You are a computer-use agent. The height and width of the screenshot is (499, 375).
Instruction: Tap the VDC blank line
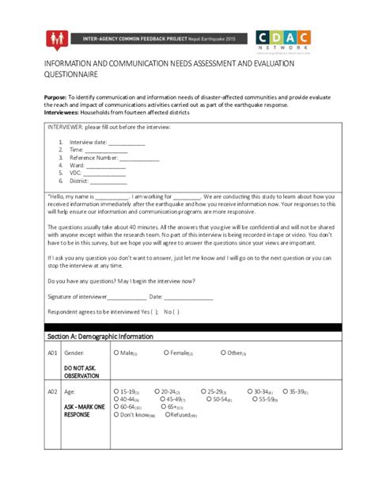(104, 174)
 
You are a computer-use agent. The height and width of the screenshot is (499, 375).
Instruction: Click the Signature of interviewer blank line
(126, 297)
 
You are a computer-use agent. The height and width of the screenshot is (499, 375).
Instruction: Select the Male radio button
(117, 352)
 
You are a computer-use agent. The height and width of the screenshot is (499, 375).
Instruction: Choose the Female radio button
(166, 352)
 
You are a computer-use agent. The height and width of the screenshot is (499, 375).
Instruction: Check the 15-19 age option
(117, 391)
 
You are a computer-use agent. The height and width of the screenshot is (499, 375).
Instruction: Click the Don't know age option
(117, 414)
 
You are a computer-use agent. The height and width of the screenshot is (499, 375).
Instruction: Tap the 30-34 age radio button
(248, 391)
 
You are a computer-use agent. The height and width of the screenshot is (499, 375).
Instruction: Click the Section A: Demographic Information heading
(100, 337)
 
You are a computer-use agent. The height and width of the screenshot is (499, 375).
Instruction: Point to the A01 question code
(51, 353)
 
